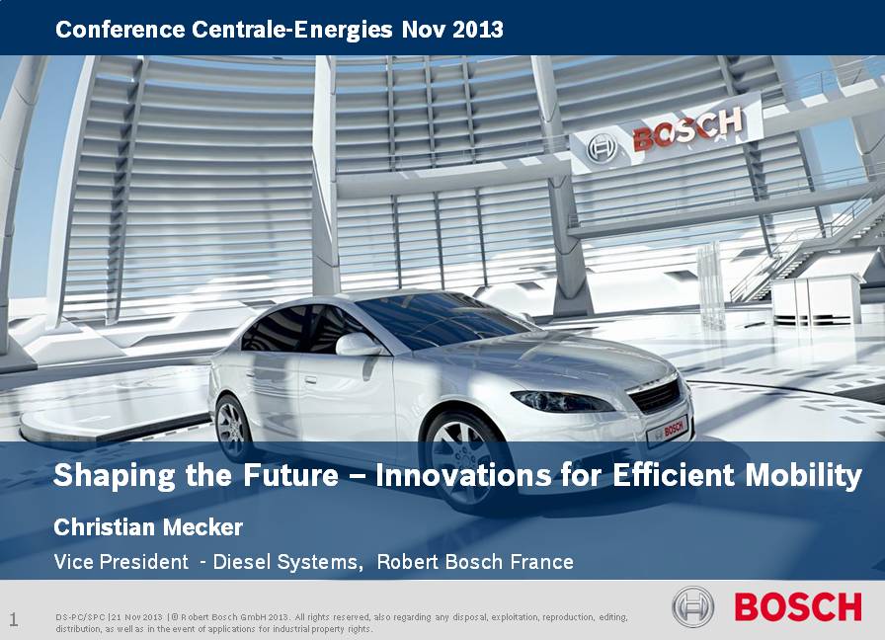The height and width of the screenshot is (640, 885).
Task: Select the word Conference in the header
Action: click(x=120, y=29)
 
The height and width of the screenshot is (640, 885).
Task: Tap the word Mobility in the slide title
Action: click(x=803, y=475)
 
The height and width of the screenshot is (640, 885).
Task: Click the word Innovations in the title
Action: click(x=464, y=475)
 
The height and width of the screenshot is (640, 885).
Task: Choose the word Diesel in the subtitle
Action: click(x=235, y=562)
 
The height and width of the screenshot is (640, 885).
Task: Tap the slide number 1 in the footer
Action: click(x=14, y=619)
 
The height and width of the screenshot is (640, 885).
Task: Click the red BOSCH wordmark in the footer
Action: click(x=798, y=607)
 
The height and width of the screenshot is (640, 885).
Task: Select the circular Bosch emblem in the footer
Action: click(x=693, y=607)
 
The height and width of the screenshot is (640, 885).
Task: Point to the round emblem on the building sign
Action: click(x=601, y=149)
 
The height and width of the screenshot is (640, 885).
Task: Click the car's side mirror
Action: click(x=358, y=345)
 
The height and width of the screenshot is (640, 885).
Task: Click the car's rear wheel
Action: click(x=232, y=428)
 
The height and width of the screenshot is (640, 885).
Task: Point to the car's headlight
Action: click(x=562, y=401)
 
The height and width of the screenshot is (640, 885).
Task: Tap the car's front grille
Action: click(x=655, y=395)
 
